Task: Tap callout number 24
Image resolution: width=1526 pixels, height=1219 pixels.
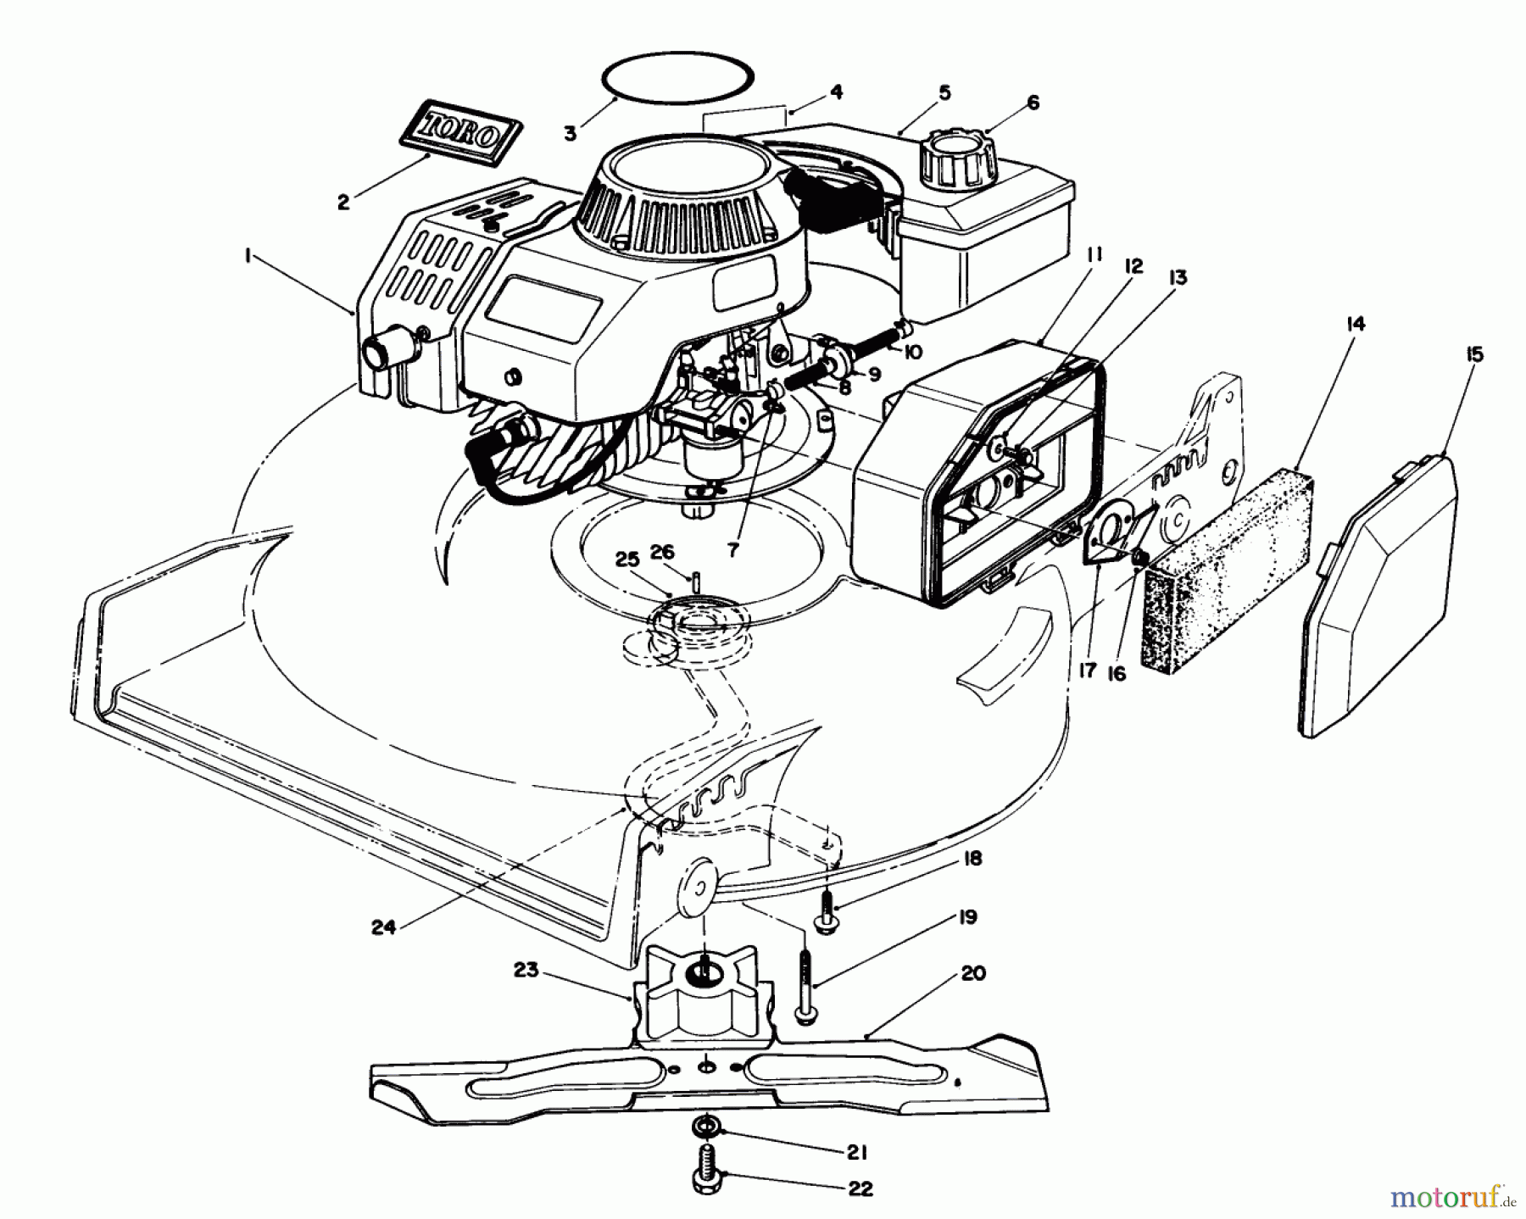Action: click(x=383, y=927)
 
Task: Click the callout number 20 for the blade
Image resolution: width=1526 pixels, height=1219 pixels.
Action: click(x=974, y=973)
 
